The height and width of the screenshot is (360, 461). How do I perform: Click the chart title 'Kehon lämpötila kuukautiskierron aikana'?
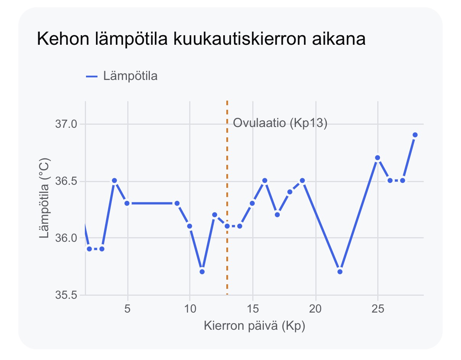pos(201,39)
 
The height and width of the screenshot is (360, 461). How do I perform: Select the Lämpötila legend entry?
pos(122,76)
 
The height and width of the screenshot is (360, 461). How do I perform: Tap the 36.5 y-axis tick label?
pos(66,181)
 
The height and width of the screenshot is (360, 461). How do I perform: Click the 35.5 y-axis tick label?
pos(66,295)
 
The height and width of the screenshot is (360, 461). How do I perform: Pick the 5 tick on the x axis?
pos(127,309)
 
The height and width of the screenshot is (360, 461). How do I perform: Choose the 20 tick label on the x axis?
pos(315,309)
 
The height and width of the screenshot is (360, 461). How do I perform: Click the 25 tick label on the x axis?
pos(378,309)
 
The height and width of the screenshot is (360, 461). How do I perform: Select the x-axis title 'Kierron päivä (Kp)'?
pos(254,326)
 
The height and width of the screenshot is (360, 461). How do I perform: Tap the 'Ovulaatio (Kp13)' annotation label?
pos(280,123)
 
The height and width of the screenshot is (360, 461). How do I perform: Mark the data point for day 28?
pos(415,135)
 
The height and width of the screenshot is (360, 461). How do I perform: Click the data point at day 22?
pos(340,272)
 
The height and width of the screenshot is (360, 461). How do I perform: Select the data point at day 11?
pos(202,272)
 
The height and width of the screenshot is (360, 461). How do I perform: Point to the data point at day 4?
pos(114,181)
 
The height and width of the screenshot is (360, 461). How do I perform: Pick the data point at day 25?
pos(377,158)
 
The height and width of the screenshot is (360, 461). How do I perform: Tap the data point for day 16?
pos(265,181)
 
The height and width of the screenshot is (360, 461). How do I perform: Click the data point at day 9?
pos(177,204)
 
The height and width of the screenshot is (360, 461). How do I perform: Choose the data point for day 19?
pos(302,181)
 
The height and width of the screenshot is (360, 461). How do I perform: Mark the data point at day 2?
pos(89,249)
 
